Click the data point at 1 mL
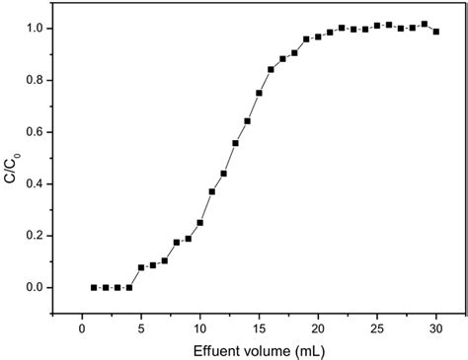(x=94, y=287)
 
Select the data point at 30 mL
(x=436, y=32)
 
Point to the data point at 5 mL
(x=141, y=267)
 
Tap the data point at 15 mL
(x=259, y=93)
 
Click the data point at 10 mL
(x=200, y=222)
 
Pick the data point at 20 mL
(x=318, y=36)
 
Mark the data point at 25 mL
(x=377, y=26)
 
